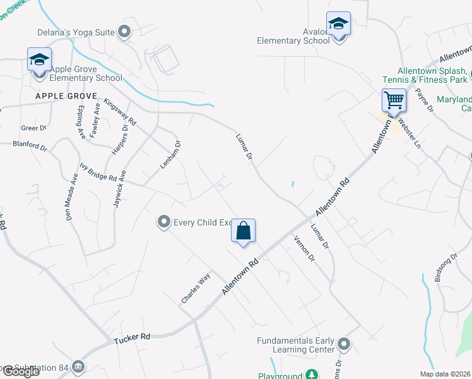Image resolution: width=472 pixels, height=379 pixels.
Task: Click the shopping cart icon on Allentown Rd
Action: tap(394, 100)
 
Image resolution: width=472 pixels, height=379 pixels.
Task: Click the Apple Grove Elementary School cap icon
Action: tap(39, 61)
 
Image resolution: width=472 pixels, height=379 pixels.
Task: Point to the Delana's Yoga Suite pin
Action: tap(124, 30)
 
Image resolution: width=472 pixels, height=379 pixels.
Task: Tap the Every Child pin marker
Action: tap(164, 222)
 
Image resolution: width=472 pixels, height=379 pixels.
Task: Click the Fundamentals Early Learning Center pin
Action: tap(343, 344)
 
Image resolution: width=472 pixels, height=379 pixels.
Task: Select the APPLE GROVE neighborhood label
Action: tap(66, 96)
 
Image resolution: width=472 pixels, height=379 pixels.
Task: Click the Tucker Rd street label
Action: tap(132, 339)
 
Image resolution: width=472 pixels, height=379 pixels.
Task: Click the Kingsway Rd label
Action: tap(121, 111)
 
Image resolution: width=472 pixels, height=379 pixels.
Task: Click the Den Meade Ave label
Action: tap(71, 199)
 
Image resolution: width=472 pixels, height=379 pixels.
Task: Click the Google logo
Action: tap(21, 371)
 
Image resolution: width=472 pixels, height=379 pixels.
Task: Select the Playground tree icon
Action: tap(311, 375)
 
